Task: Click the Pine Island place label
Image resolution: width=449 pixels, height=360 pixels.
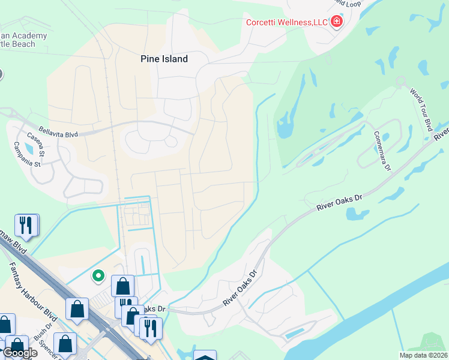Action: [x=164, y=59]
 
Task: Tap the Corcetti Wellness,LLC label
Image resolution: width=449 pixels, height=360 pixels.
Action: [x=287, y=22]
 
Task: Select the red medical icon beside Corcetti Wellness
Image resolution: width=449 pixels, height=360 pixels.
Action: [x=337, y=22]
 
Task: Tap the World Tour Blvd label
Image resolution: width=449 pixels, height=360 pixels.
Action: [x=421, y=109]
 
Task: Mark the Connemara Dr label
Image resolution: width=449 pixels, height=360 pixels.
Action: [x=382, y=151]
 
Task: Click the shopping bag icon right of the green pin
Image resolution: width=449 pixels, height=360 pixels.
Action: [x=122, y=286]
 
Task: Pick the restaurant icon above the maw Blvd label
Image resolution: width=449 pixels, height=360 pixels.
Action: [x=26, y=225]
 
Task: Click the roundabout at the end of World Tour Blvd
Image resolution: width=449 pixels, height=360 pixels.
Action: [x=400, y=81]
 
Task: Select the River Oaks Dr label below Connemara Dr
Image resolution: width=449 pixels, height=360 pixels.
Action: [x=340, y=203]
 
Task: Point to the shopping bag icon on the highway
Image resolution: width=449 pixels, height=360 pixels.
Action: [x=77, y=308]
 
